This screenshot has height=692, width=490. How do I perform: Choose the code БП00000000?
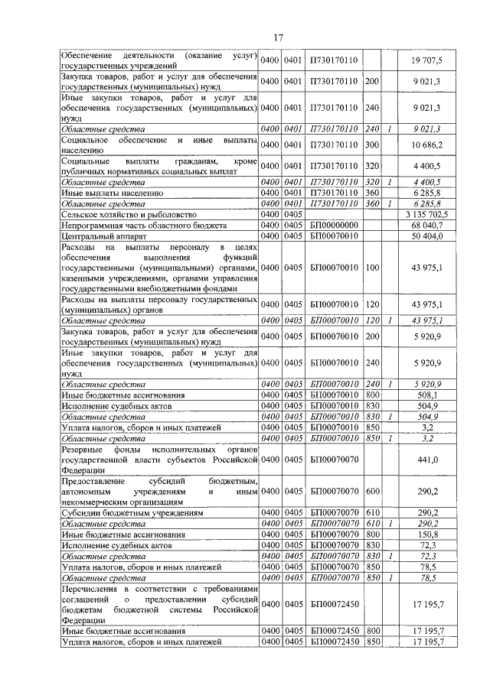[x=335, y=226]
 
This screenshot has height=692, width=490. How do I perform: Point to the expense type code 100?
[x=373, y=268]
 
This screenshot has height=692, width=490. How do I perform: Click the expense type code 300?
[x=373, y=145]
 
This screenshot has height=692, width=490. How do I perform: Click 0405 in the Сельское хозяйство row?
[x=293, y=215]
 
